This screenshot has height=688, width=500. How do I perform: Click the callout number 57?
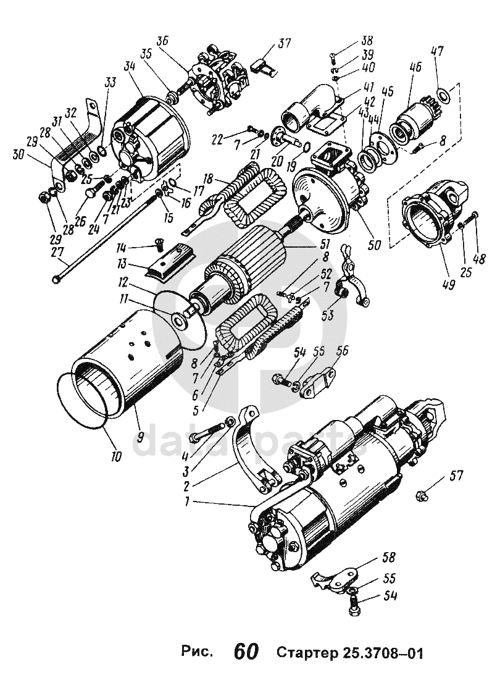click(456, 476)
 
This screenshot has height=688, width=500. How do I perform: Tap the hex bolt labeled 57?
click(422, 497)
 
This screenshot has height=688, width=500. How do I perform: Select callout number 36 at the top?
click(162, 41)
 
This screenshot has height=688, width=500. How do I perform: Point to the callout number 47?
click(437, 51)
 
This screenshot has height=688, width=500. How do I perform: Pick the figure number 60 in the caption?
click(246, 651)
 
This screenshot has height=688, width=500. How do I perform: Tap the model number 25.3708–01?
click(380, 652)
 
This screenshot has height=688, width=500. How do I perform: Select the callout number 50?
click(374, 245)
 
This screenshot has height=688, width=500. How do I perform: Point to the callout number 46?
click(415, 67)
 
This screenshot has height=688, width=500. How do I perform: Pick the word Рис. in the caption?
click(198, 652)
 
